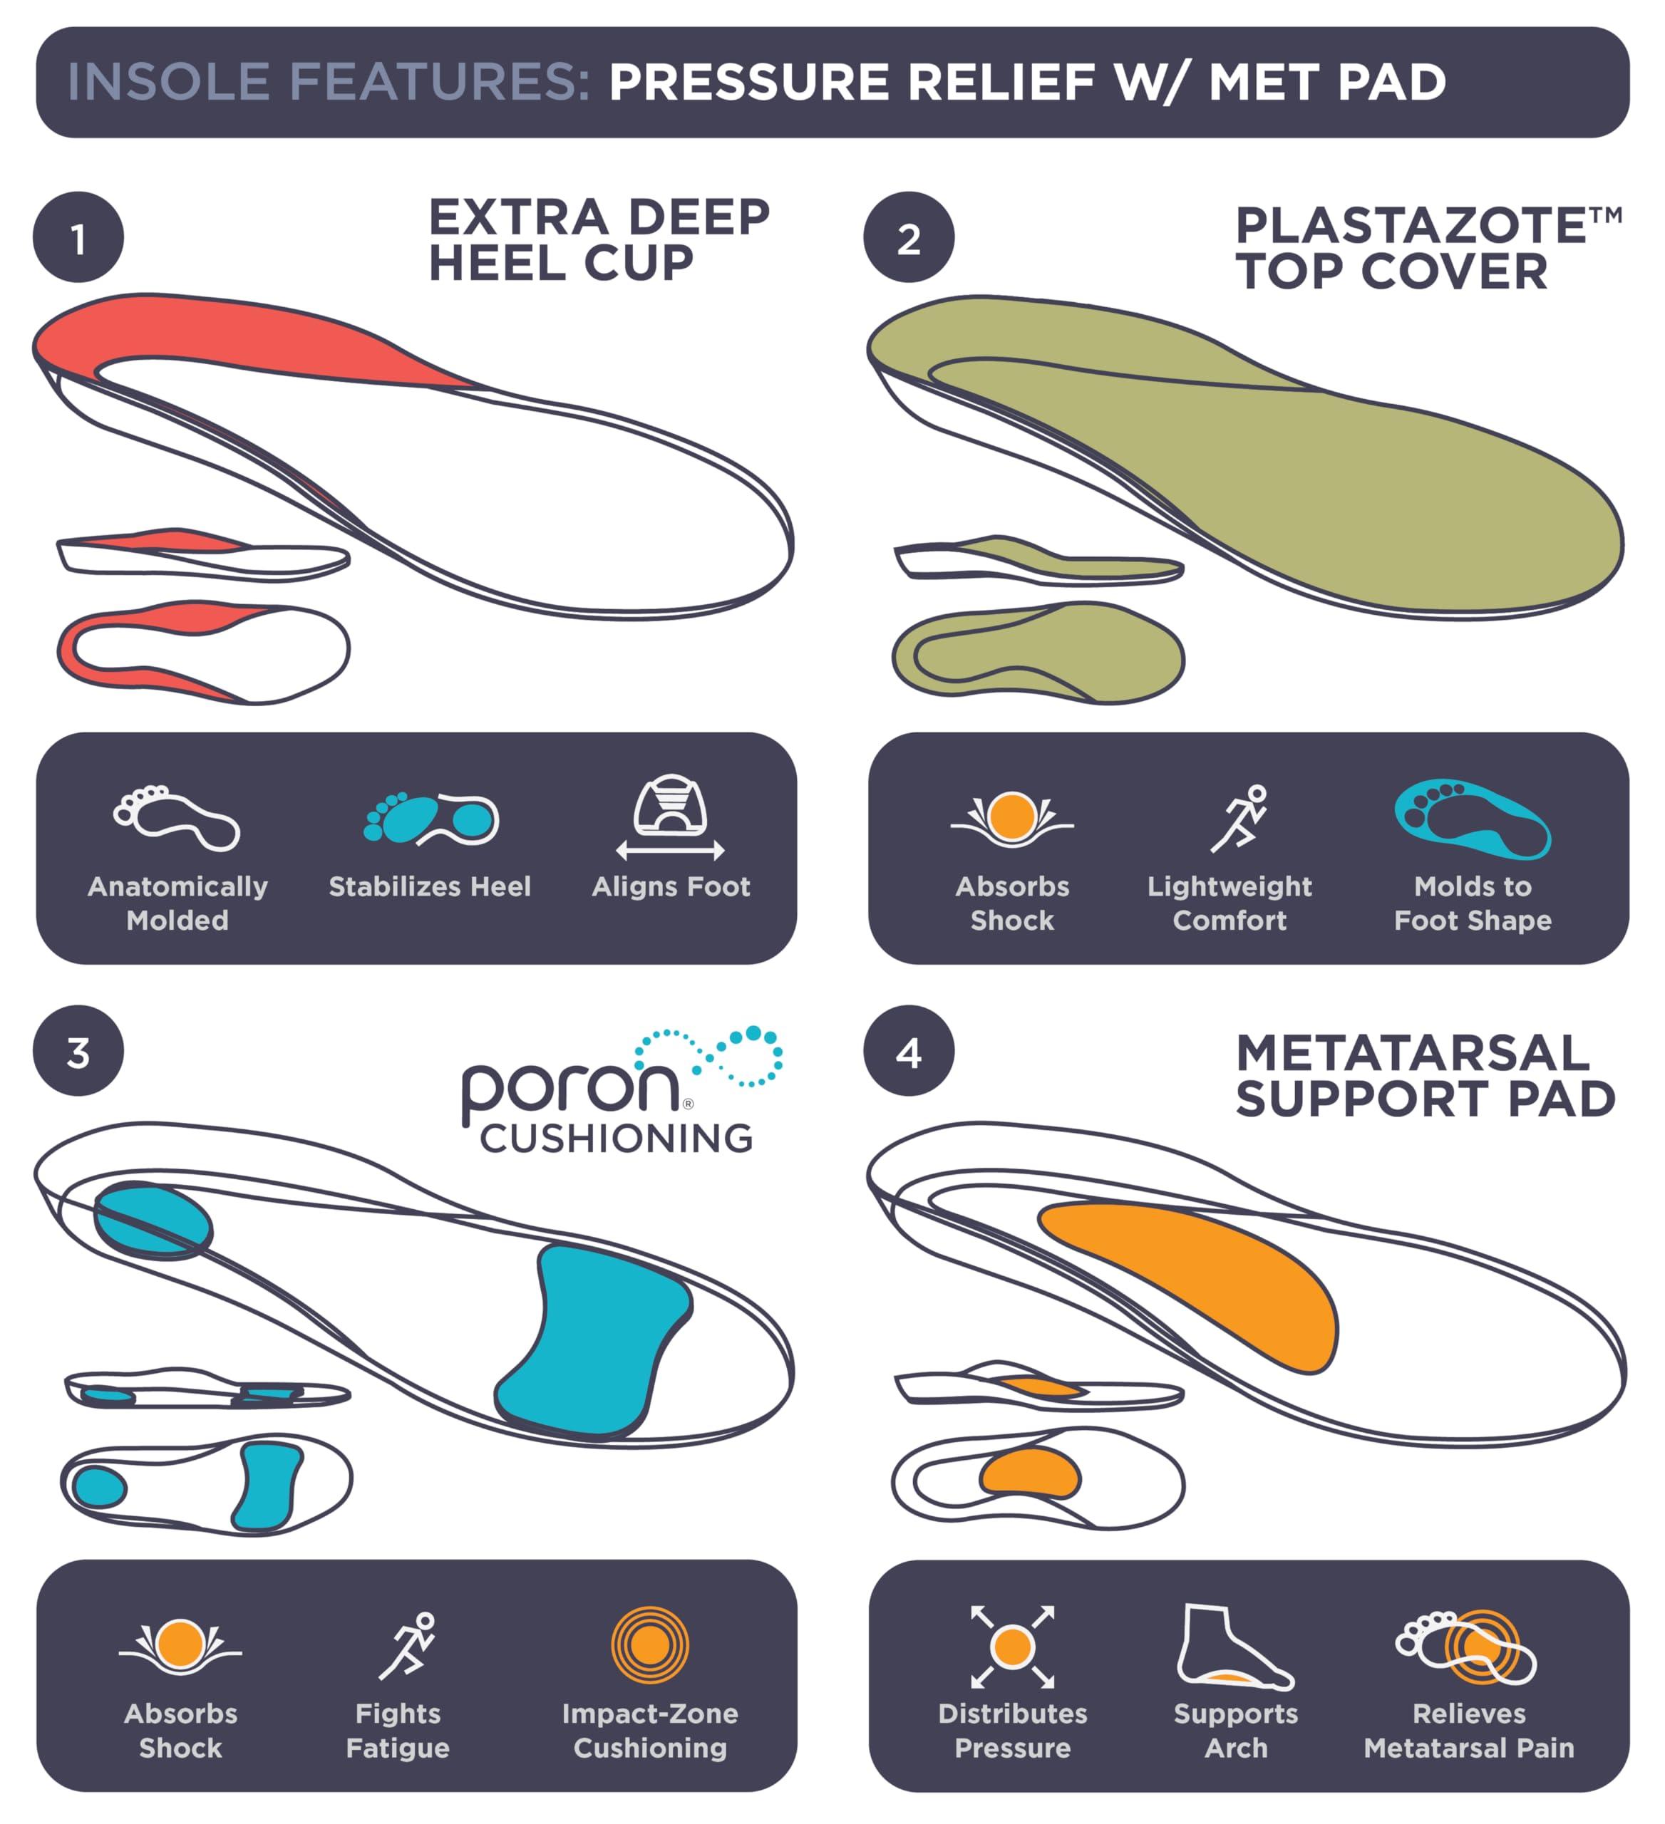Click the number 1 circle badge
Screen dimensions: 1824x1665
(78, 238)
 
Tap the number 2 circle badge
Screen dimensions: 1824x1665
(909, 238)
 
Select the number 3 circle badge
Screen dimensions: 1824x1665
(78, 1052)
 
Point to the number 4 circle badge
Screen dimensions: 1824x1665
(909, 1052)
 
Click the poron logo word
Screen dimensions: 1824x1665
(570, 1089)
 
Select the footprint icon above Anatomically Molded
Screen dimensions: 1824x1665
(177, 818)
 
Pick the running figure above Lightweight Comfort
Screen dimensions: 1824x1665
(1239, 819)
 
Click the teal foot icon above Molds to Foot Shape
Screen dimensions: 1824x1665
(1473, 819)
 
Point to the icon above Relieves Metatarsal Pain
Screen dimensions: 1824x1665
(1468, 1647)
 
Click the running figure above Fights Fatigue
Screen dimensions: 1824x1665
(407, 1646)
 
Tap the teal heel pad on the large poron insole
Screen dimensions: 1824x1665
(153, 1221)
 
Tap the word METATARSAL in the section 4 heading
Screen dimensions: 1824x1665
(1413, 1053)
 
